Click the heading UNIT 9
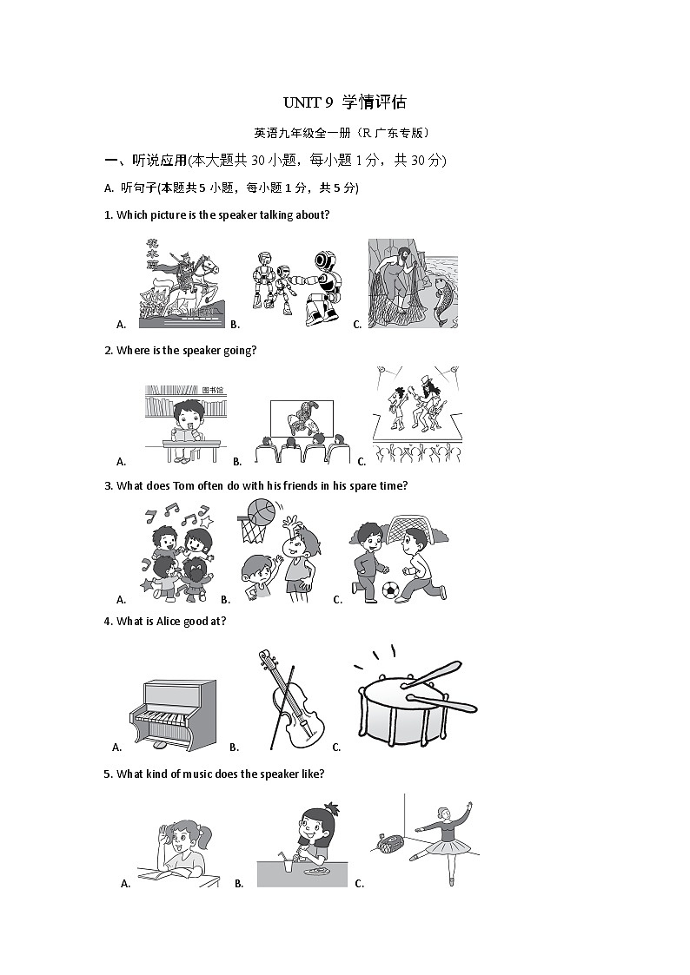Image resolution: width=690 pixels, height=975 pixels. point(308,102)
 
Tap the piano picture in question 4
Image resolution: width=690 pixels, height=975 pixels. point(172,715)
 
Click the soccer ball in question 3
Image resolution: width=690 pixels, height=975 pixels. point(391,590)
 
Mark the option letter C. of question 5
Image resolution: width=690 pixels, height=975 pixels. point(360,884)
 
